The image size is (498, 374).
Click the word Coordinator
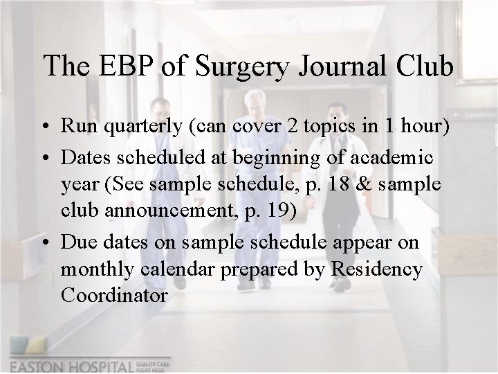point(114,296)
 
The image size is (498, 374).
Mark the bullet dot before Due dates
point(44,243)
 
